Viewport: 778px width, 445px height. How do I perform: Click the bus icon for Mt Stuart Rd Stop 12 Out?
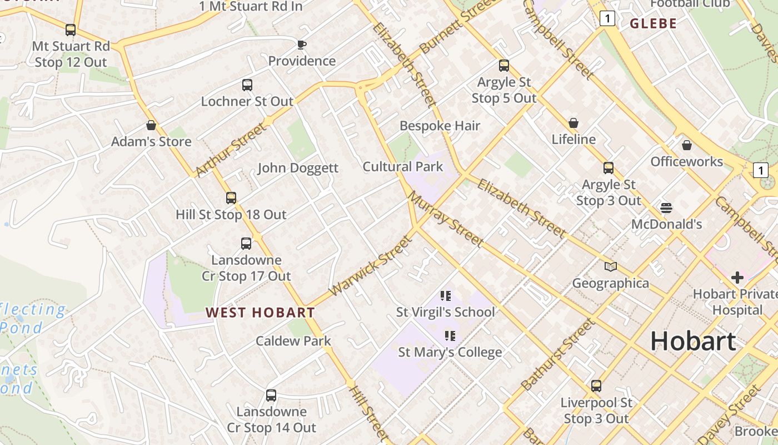tap(71, 30)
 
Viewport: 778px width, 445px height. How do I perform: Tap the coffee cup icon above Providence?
tap(302, 44)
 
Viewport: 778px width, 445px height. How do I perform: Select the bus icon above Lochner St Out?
tap(247, 85)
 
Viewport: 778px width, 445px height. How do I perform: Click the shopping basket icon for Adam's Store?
tap(151, 125)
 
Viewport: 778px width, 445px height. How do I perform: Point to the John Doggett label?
tap(297, 168)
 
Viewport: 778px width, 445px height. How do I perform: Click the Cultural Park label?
tap(403, 167)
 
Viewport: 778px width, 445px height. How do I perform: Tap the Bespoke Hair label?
tap(440, 126)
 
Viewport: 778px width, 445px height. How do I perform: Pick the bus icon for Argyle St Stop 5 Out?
tap(504, 66)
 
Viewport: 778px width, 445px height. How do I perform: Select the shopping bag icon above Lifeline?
tap(573, 123)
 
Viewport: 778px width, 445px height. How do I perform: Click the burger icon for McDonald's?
tap(666, 208)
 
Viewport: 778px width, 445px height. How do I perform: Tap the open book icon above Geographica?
tap(611, 267)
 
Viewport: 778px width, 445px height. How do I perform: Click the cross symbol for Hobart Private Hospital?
tap(737, 278)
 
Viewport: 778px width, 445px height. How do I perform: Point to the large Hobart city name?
tap(693, 340)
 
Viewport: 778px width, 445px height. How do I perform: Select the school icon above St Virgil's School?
tap(446, 296)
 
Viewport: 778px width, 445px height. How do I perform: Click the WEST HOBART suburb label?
tap(260, 313)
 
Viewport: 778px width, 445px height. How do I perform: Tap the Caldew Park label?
tap(293, 341)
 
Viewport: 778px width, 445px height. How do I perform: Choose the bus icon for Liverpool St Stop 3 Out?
tap(596, 386)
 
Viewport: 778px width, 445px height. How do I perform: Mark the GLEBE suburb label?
tap(653, 23)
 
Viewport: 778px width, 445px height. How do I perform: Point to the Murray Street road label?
tap(445, 219)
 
